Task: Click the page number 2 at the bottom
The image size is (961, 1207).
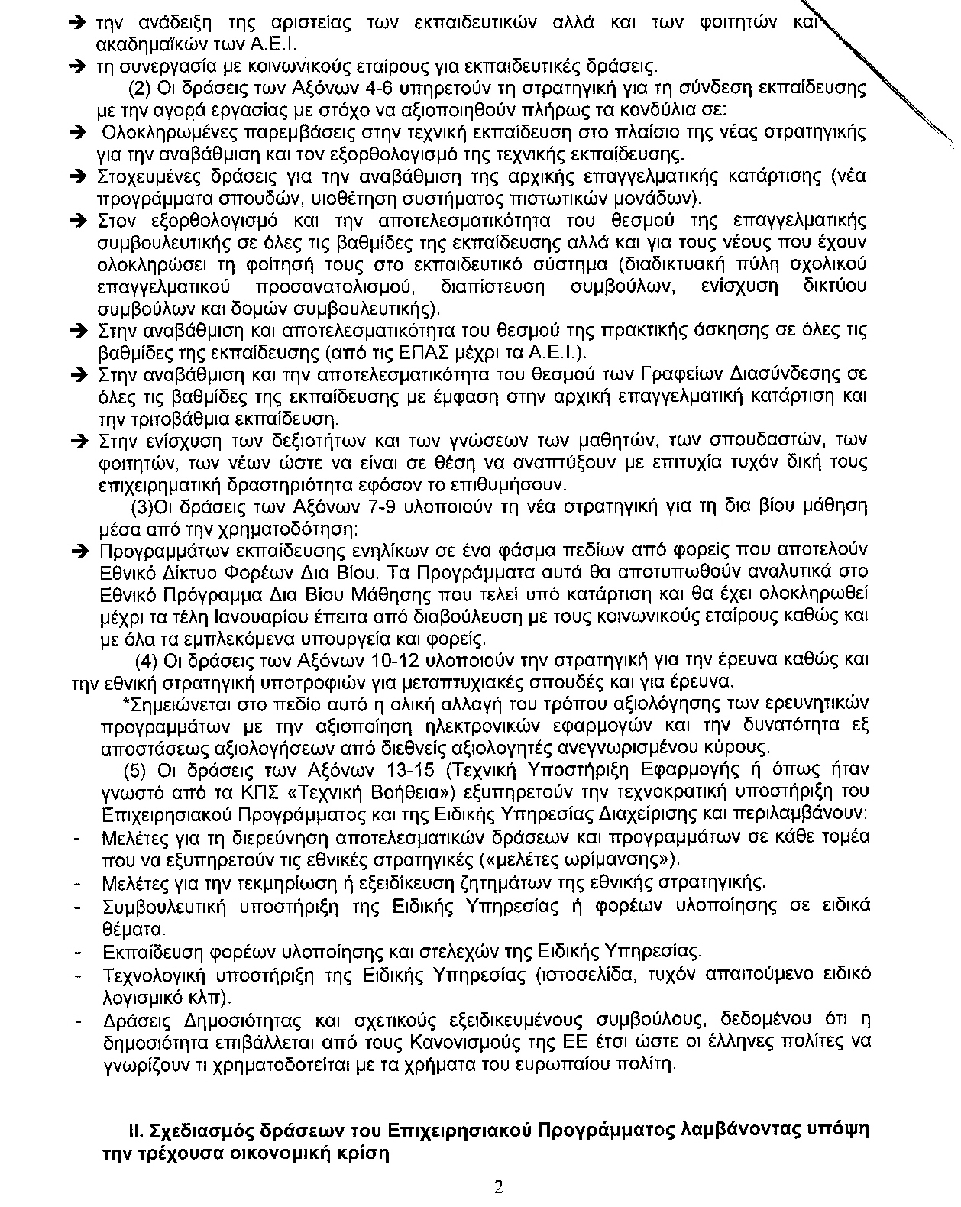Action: [x=498, y=1188]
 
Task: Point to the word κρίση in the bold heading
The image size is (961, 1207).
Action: [x=359, y=1153]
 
